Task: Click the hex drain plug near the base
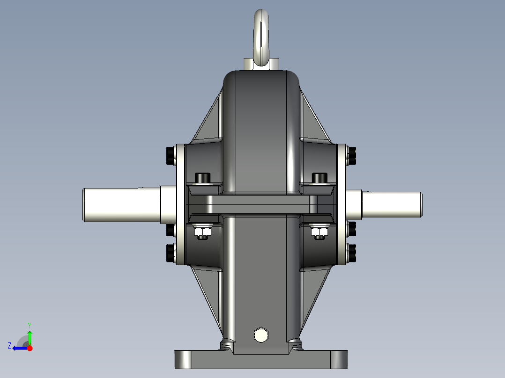tap(260, 335)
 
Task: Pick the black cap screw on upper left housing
tap(202, 178)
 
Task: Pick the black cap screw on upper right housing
tap(319, 178)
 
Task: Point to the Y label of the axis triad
tap(30, 325)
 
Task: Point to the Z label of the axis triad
tap(9, 346)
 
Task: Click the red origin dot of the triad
tap(30, 348)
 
